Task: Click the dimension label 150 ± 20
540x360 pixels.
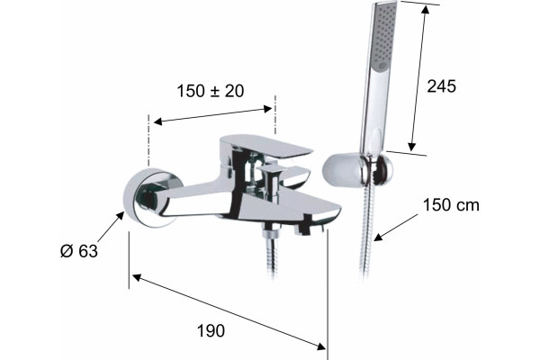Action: pos(210,91)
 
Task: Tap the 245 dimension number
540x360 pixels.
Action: pos(441,86)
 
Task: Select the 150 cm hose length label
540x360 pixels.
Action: pos(451,205)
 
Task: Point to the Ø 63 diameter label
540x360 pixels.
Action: pos(79,251)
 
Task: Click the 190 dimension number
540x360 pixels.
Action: pos(211,330)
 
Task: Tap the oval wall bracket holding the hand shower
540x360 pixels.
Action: pos(357,170)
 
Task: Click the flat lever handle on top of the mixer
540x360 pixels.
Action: pos(265,145)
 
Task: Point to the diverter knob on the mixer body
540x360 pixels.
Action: pos(274,183)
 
